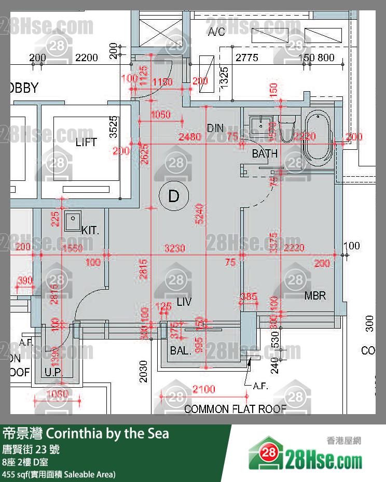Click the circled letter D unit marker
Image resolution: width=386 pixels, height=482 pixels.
point(174,196)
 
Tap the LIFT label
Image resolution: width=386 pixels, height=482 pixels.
point(86,142)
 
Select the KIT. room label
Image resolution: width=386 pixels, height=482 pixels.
point(90,230)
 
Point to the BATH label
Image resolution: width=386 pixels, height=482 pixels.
point(265,153)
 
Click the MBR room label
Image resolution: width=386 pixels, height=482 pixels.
point(315,296)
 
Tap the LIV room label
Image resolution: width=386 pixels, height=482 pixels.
point(184,301)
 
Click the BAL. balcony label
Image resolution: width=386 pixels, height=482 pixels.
point(180,350)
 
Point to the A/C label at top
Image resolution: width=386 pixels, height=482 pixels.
point(216,32)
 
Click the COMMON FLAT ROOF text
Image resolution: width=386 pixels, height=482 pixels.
point(235,409)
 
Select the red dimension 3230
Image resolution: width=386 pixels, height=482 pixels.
point(174,249)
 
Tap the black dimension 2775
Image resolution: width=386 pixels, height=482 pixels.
point(247,58)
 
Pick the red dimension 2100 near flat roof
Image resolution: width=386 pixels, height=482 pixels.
point(203,389)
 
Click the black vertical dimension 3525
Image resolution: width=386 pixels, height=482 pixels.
point(114,127)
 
